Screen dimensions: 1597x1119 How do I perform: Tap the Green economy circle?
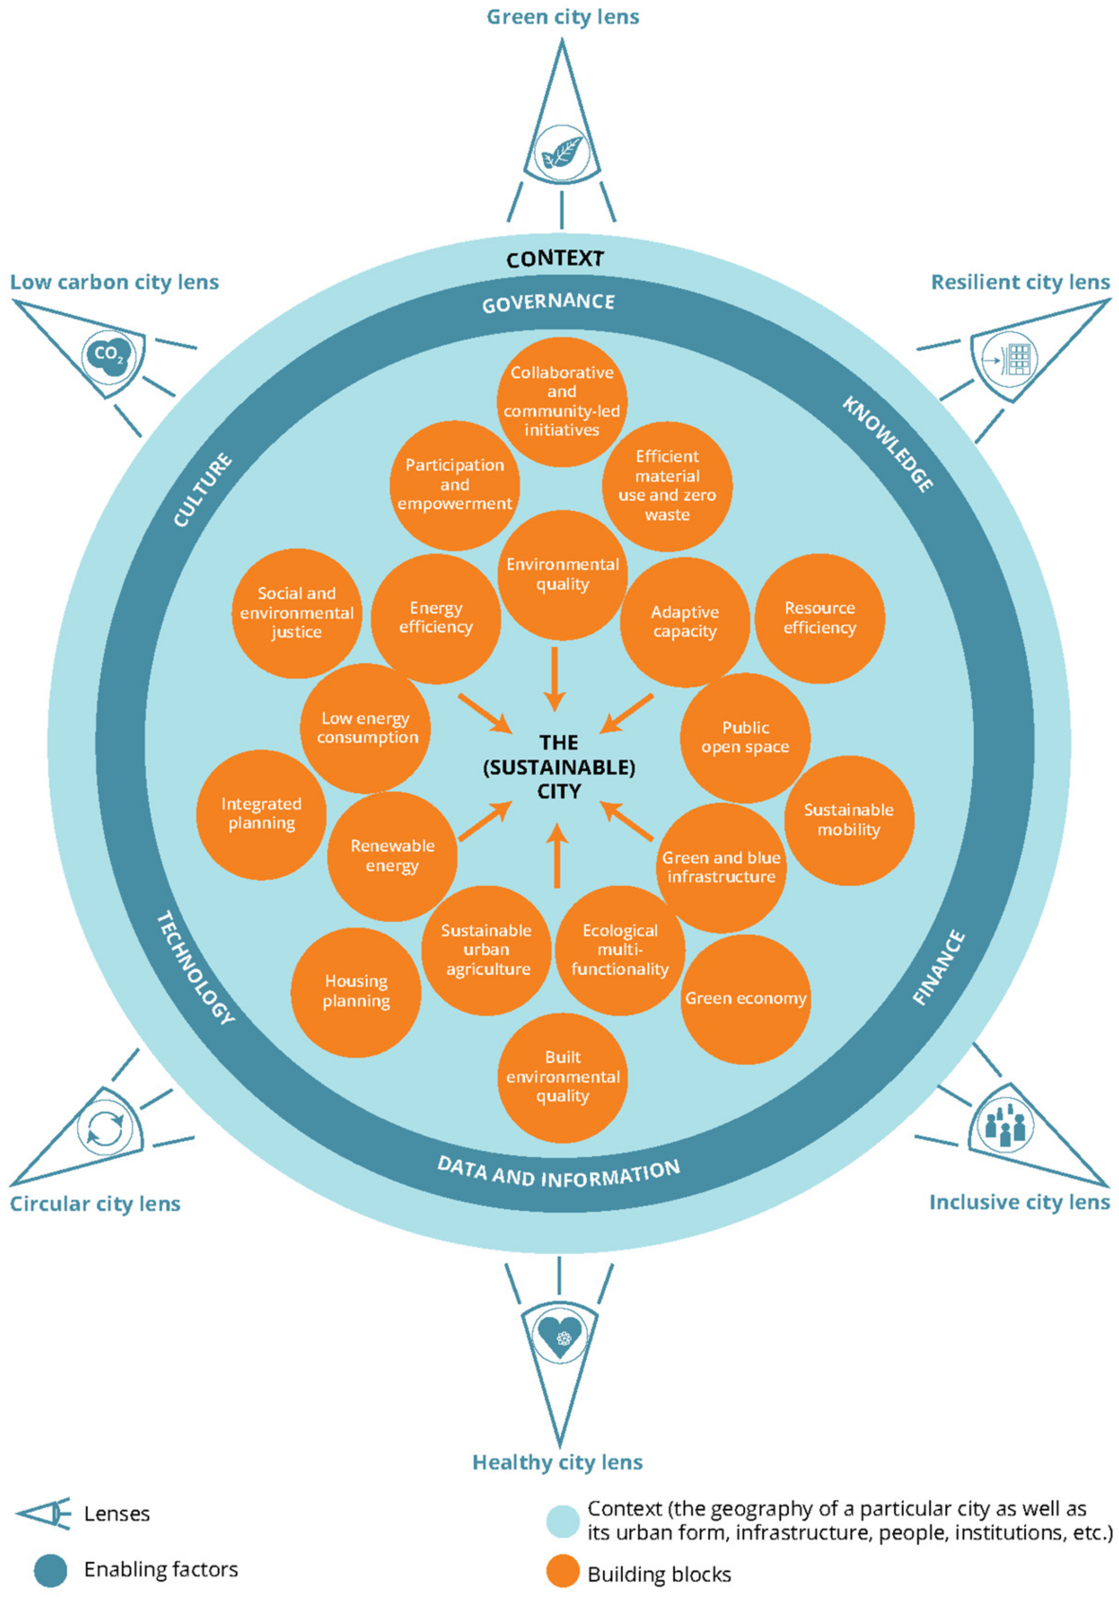pyautogui.click(x=745, y=999)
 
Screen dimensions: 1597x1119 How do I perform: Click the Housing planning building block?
pyautogui.click(x=356, y=991)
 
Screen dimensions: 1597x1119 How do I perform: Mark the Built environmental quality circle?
pyautogui.click(x=562, y=1077)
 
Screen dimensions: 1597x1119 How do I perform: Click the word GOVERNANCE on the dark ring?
pyautogui.click(x=548, y=302)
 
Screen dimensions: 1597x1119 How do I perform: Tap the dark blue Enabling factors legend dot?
pyautogui.click(x=51, y=1570)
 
